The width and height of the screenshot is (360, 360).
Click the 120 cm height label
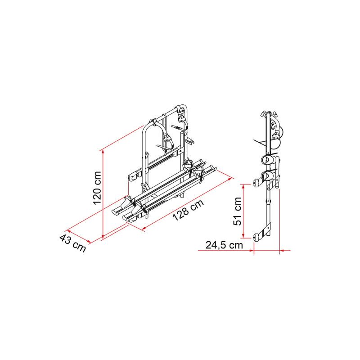point(97,188)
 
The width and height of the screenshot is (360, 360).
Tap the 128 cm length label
point(188,210)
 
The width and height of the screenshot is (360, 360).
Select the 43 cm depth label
point(73,243)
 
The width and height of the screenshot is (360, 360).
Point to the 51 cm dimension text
point(238,211)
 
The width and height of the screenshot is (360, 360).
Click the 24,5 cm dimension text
point(224,245)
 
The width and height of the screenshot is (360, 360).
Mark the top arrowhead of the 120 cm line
point(103,152)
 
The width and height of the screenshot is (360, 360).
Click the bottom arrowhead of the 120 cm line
point(103,237)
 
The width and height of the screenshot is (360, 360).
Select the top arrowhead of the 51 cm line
point(243,187)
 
